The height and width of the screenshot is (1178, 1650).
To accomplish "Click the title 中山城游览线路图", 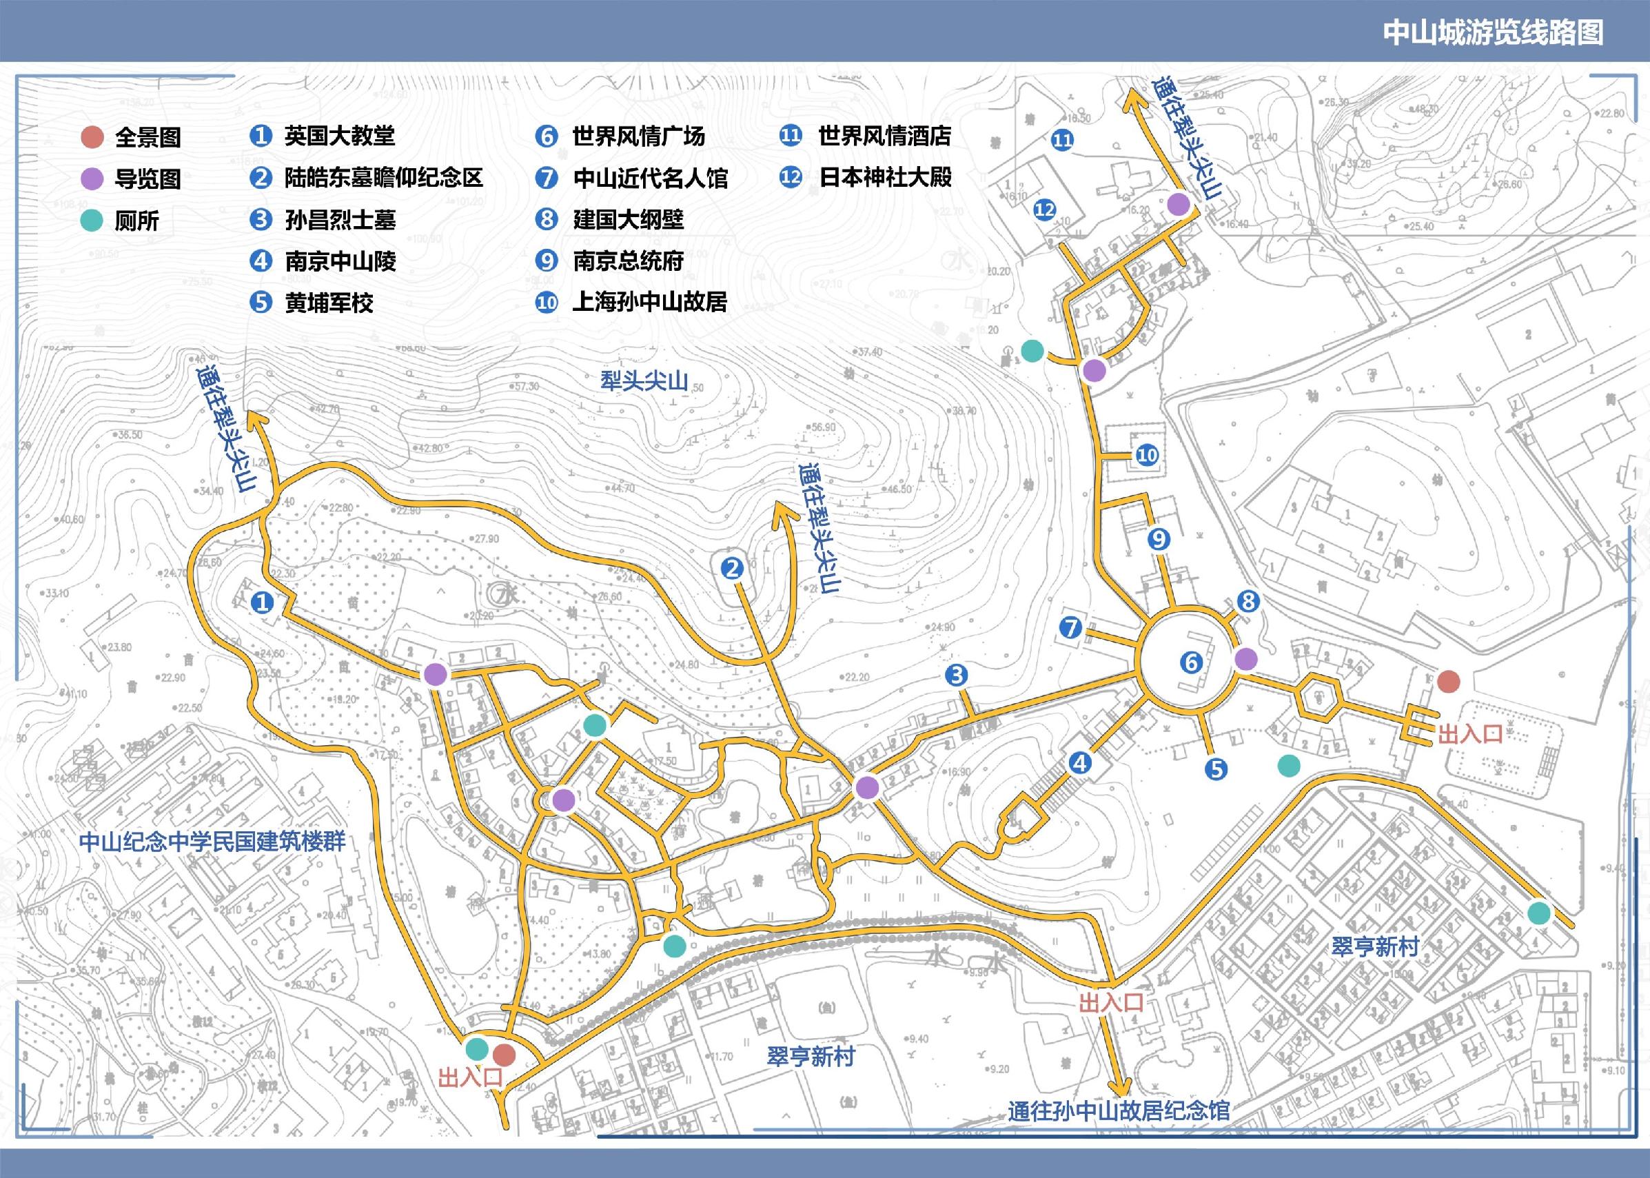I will click(x=1492, y=32).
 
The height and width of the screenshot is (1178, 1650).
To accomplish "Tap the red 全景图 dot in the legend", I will click(x=92, y=137).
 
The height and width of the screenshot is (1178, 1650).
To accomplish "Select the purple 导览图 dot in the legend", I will click(x=92, y=179).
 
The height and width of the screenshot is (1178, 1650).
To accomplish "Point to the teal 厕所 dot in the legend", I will click(x=92, y=221).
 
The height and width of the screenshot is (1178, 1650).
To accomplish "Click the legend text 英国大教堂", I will click(x=339, y=136).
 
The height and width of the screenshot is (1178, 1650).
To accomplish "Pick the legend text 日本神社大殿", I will click(x=885, y=177).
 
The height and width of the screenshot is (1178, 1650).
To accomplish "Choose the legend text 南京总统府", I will click(x=628, y=261).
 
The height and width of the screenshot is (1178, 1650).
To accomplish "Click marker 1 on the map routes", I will click(x=262, y=601).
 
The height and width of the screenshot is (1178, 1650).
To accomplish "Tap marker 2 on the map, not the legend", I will click(x=733, y=568).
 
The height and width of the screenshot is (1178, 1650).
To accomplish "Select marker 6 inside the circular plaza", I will click(x=1191, y=662).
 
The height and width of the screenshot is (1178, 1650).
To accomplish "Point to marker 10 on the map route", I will click(x=1147, y=456).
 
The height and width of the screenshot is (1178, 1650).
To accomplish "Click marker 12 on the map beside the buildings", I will click(x=1044, y=210).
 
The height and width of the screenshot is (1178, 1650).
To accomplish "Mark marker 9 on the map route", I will click(x=1159, y=539).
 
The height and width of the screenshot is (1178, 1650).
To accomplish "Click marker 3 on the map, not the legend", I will click(x=957, y=676).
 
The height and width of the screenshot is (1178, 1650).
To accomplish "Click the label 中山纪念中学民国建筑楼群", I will click(x=212, y=842).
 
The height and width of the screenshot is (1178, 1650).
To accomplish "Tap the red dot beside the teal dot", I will click(x=503, y=1055).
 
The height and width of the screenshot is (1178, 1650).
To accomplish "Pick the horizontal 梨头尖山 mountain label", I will click(x=644, y=380).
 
